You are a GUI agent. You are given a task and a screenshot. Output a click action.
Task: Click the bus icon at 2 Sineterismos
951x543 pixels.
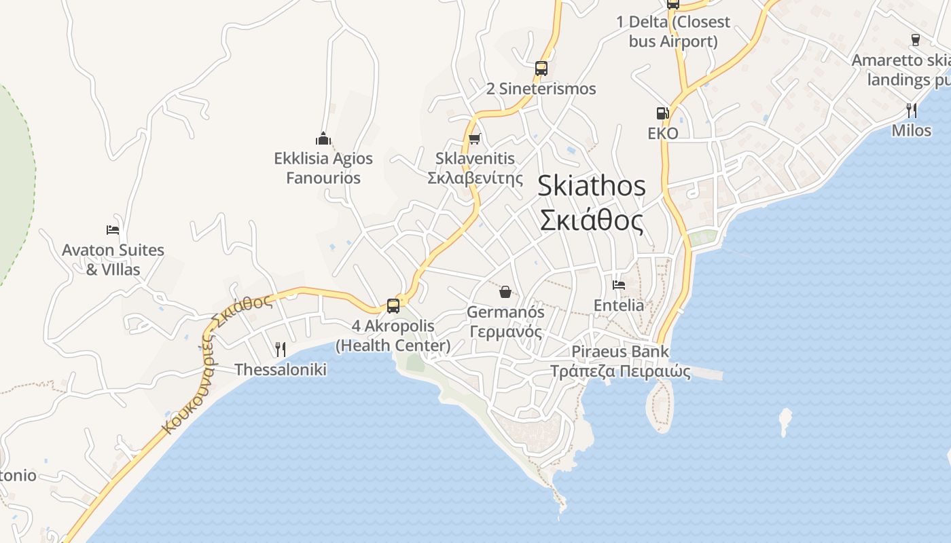pyautogui.click(x=541, y=68)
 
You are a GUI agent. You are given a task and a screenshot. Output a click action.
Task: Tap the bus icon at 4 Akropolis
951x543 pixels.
pyautogui.click(x=393, y=305)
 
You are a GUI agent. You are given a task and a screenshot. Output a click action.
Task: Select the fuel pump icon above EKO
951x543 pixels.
pyautogui.click(x=662, y=113)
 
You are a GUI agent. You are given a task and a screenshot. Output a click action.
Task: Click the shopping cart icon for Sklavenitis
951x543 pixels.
pyautogui.click(x=475, y=138)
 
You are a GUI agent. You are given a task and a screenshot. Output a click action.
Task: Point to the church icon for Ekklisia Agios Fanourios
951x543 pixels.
pyautogui.click(x=323, y=138)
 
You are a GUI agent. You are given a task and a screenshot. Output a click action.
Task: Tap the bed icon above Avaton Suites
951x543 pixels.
pyautogui.click(x=113, y=230)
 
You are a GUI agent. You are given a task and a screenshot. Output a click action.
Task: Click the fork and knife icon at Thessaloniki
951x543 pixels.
pyautogui.click(x=280, y=350)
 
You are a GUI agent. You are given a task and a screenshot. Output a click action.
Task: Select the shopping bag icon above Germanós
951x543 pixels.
pyautogui.click(x=505, y=292)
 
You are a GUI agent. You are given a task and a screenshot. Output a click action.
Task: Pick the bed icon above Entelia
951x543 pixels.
pyautogui.click(x=619, y=285)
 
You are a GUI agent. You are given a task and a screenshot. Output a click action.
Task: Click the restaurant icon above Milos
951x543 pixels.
pyautogui.click(x=912, y=110)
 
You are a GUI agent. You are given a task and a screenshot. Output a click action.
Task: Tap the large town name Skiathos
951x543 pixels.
pyautogui.click(x=591, y=186)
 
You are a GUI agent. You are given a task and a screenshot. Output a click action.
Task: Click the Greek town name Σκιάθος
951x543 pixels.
pyautogui.click(x=591, y=221)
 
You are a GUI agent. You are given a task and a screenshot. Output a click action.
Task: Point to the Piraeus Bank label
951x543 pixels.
pyautogui.click(x=620, y=352)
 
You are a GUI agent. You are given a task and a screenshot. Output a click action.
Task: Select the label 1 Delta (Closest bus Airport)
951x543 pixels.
pyautogui.click(x=672, y=31)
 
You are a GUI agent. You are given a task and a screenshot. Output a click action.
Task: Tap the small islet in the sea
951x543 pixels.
pyautogui.click(x=785, y=421)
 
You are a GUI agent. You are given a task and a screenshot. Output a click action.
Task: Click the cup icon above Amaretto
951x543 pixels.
pyautogui.click(x=915, y=40)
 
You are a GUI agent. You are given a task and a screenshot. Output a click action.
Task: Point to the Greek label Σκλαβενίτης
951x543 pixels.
pyautogui.click(x=475, y=178)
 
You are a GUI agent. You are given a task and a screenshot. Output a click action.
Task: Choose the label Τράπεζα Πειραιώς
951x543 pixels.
pyautogui.click(x=620, y=371)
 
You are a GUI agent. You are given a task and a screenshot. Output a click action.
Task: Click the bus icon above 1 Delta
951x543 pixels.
pyautogui.click(x=672, y=3)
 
